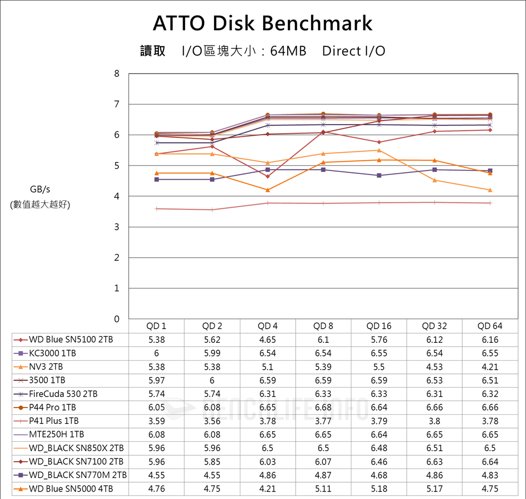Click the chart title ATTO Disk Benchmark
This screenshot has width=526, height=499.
coord(262,23)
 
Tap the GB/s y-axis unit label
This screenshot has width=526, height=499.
coord(40,189)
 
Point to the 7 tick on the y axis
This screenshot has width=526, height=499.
coord(117,104)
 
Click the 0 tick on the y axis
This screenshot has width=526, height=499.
coord(117,319)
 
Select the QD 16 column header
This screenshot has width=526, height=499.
coord(379,326)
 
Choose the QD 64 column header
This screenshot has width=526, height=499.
coord(490,326)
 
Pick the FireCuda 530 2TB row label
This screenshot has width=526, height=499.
coord(63,394)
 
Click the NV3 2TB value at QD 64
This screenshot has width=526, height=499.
coord(490,366)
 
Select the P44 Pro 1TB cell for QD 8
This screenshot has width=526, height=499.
coord(323,407)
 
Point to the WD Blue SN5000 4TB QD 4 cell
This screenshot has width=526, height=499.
coord(268,488)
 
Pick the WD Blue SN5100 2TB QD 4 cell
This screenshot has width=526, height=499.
coord(268,340)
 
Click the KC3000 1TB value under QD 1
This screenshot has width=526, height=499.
coord(157,353)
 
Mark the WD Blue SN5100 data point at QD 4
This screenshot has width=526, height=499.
coord(268,176)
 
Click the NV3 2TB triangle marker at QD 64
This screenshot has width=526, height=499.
coord(490,190)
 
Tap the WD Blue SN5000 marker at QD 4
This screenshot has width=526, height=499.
coord(268,190)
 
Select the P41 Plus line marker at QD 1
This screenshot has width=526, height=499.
coord(157,209)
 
